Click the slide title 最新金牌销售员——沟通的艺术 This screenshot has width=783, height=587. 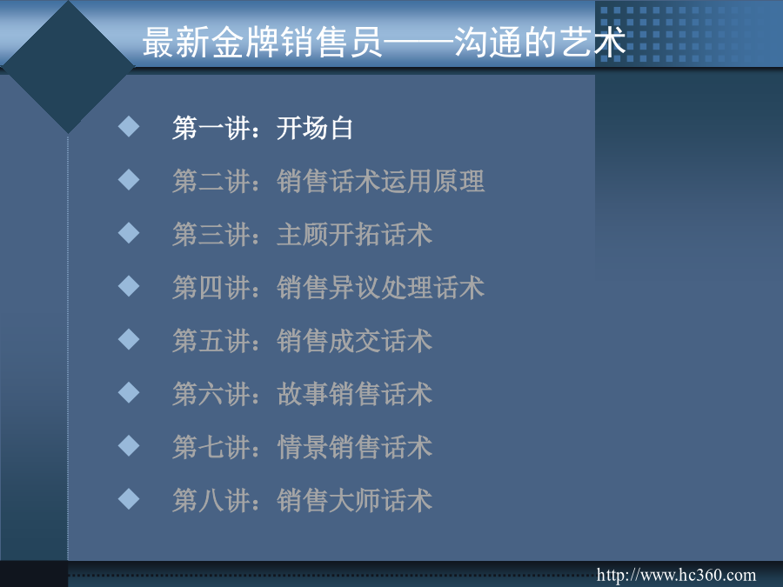(384, 42)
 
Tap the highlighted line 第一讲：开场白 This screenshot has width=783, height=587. (263, 129)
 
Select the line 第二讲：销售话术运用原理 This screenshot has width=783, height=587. (328, 181)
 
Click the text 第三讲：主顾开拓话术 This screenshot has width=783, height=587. (302, 235)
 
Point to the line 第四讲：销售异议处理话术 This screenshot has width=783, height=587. (328, 288)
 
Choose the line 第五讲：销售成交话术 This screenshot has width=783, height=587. (302, 341)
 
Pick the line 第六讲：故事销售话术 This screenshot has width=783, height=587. (302, 394)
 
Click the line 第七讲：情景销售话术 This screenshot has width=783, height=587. (302, 447)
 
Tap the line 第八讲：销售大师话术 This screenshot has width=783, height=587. (302, 501)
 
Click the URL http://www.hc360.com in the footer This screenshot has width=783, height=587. (676, 575)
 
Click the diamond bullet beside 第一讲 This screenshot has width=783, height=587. (129, 126)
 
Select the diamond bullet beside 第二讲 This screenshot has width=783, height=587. (129, 180)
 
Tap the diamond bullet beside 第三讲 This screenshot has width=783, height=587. (129, 232)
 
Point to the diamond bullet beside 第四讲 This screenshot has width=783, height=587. (129, 286)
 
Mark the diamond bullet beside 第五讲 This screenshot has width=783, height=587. (129, 339)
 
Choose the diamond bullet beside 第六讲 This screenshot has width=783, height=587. (129, 392)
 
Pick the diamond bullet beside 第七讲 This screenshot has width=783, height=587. (129, 446)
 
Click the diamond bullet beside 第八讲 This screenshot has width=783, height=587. (129, 498)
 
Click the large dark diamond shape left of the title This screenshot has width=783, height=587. (69, 66)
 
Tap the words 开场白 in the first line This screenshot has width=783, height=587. (315, 129)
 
